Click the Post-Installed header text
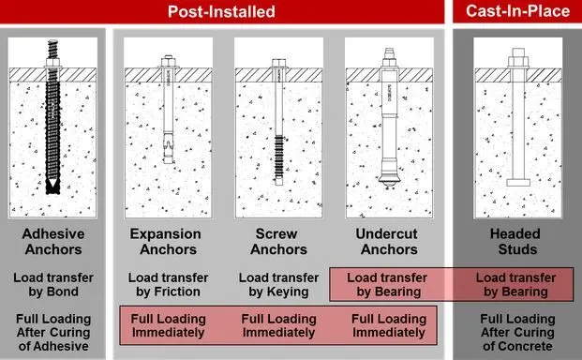tap(221, 11)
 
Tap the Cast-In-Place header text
tap(517, 10)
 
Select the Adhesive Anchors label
tap(53, 242)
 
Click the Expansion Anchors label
tap(166, 242)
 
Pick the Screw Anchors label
tap(278, 242)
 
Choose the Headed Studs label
tap(515, 242)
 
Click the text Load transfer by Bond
tap(53, 285)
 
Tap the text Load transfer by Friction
tap(168, 285)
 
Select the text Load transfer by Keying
tap(278, 285)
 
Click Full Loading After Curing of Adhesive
tap(53, 333)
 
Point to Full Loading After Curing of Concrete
tap(517, 333)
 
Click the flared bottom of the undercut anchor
tap(389, 180)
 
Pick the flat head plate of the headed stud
tap(518, 182)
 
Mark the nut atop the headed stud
tap(518, 62)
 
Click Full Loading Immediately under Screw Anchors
tap(278, 325)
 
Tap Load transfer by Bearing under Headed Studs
tap(515, 285)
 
